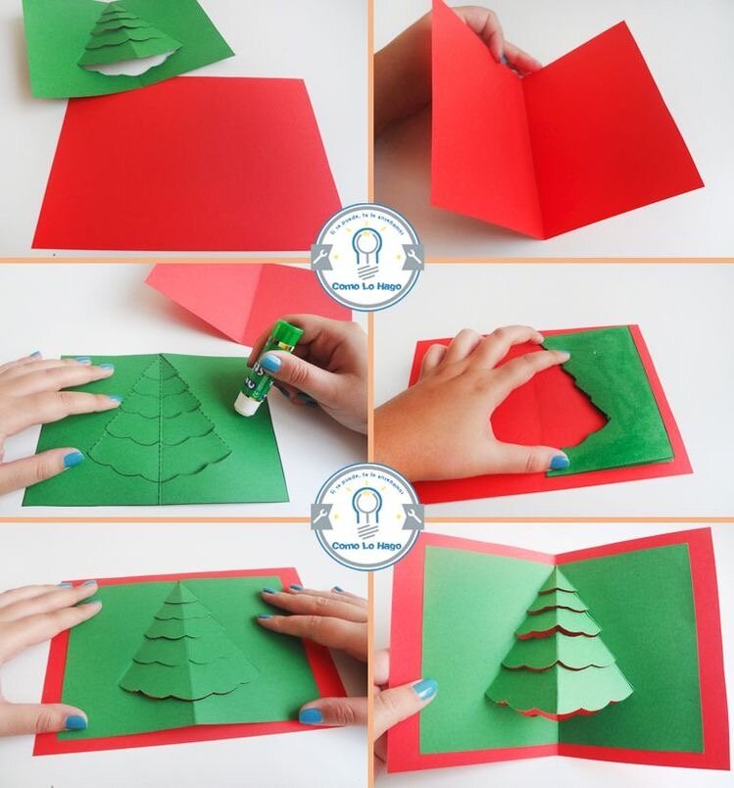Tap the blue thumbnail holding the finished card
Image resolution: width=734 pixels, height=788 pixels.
pos(424,689)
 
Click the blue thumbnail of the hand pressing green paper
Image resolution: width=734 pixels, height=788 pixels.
pos(560,461)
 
